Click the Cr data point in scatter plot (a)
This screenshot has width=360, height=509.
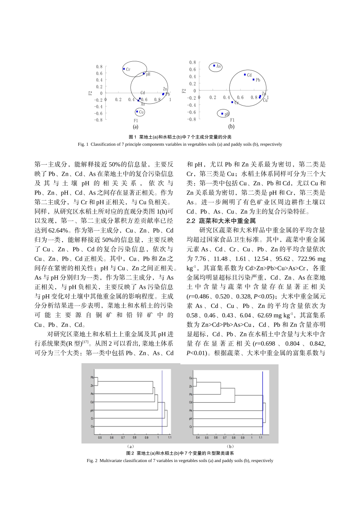click(x=124, y=69)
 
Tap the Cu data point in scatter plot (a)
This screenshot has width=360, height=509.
click(x=137, y=112)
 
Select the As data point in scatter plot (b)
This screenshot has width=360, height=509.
click(x=214, y=66)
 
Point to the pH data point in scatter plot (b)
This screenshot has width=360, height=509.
click(x=222, y=114)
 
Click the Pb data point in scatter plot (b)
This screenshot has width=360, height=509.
click(x=254, y=80)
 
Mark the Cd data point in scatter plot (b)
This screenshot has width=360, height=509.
click(x=245, y=75)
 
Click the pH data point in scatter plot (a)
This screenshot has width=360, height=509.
click(x=144, y=73)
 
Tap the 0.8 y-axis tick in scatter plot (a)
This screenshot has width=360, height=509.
click(x=99, y=67)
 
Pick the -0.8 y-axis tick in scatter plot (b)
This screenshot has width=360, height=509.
click(x=191, y=119)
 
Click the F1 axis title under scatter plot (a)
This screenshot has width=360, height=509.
click(x=136, y=121)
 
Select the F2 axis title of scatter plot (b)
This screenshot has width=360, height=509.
click(x=184, y=91)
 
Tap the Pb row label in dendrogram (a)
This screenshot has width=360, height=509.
click(x=92, y=378)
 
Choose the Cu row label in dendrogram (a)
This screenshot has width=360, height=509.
click(x=92, y=426)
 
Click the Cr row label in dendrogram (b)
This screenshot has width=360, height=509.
click(x=191, y=427)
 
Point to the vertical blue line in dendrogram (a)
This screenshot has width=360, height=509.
click(x=162, y=401)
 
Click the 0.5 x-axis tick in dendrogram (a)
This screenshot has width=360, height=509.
click(x=100, y=437)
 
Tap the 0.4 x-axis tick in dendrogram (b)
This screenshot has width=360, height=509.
click(x=198, y=437)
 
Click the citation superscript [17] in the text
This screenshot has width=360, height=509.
click(x=85, y=342)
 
